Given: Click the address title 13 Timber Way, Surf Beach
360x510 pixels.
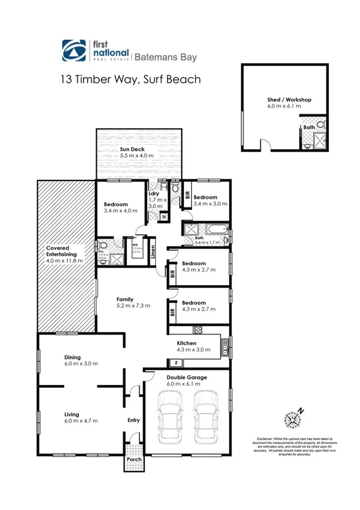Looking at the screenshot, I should coord(129,79).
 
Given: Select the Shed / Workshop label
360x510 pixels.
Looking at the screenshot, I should coord(289,100).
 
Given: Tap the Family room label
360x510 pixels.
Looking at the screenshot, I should coord(125,299).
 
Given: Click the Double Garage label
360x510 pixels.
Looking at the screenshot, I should coord(186,378).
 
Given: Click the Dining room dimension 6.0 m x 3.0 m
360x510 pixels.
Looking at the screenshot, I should coord(81,363).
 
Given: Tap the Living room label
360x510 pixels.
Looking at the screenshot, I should coord(72,414).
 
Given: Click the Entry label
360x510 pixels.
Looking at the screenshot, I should coord(133,420).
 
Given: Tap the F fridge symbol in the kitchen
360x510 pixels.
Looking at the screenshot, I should coord(176,363).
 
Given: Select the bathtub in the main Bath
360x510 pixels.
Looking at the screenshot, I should coord(216,229).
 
